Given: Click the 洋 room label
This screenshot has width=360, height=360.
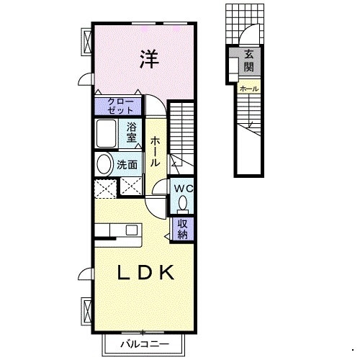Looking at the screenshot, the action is (x=149, y=59).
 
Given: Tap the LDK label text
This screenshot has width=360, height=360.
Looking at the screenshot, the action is (x=145, y=273).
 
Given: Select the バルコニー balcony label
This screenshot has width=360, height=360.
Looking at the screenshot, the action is (x=145, y=344).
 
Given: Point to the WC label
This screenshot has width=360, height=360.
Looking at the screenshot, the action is (x=184, y=189).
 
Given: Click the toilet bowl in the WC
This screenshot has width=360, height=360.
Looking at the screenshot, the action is (x=184, y=203).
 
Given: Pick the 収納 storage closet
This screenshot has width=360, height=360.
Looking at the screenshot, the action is (x=182, y=229).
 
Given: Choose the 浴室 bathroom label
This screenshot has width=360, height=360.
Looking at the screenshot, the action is (x=131, y=132).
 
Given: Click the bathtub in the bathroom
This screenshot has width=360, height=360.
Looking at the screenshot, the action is (x=106, y=133).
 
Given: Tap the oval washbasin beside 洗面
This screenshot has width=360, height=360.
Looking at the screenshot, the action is (x=104, y=165).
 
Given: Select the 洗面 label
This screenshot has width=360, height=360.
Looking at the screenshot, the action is (x=127, y=165).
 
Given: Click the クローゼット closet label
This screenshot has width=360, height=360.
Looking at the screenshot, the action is (x=120, y=106).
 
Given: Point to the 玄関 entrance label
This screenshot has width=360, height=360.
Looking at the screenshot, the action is (x=249, y=61).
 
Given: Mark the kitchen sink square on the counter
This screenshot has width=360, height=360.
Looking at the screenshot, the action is (x=132, y=230).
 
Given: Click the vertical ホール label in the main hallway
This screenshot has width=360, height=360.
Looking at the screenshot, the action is (x=155, y=151).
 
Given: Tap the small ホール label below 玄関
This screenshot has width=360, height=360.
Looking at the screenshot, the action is (x=249, y=89).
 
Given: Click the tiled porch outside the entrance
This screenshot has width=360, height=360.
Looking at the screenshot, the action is (x=245, y=24).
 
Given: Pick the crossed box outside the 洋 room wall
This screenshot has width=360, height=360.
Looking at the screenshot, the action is (x=86, y=42).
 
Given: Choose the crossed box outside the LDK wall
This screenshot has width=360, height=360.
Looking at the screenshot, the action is (x=86, y=311).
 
